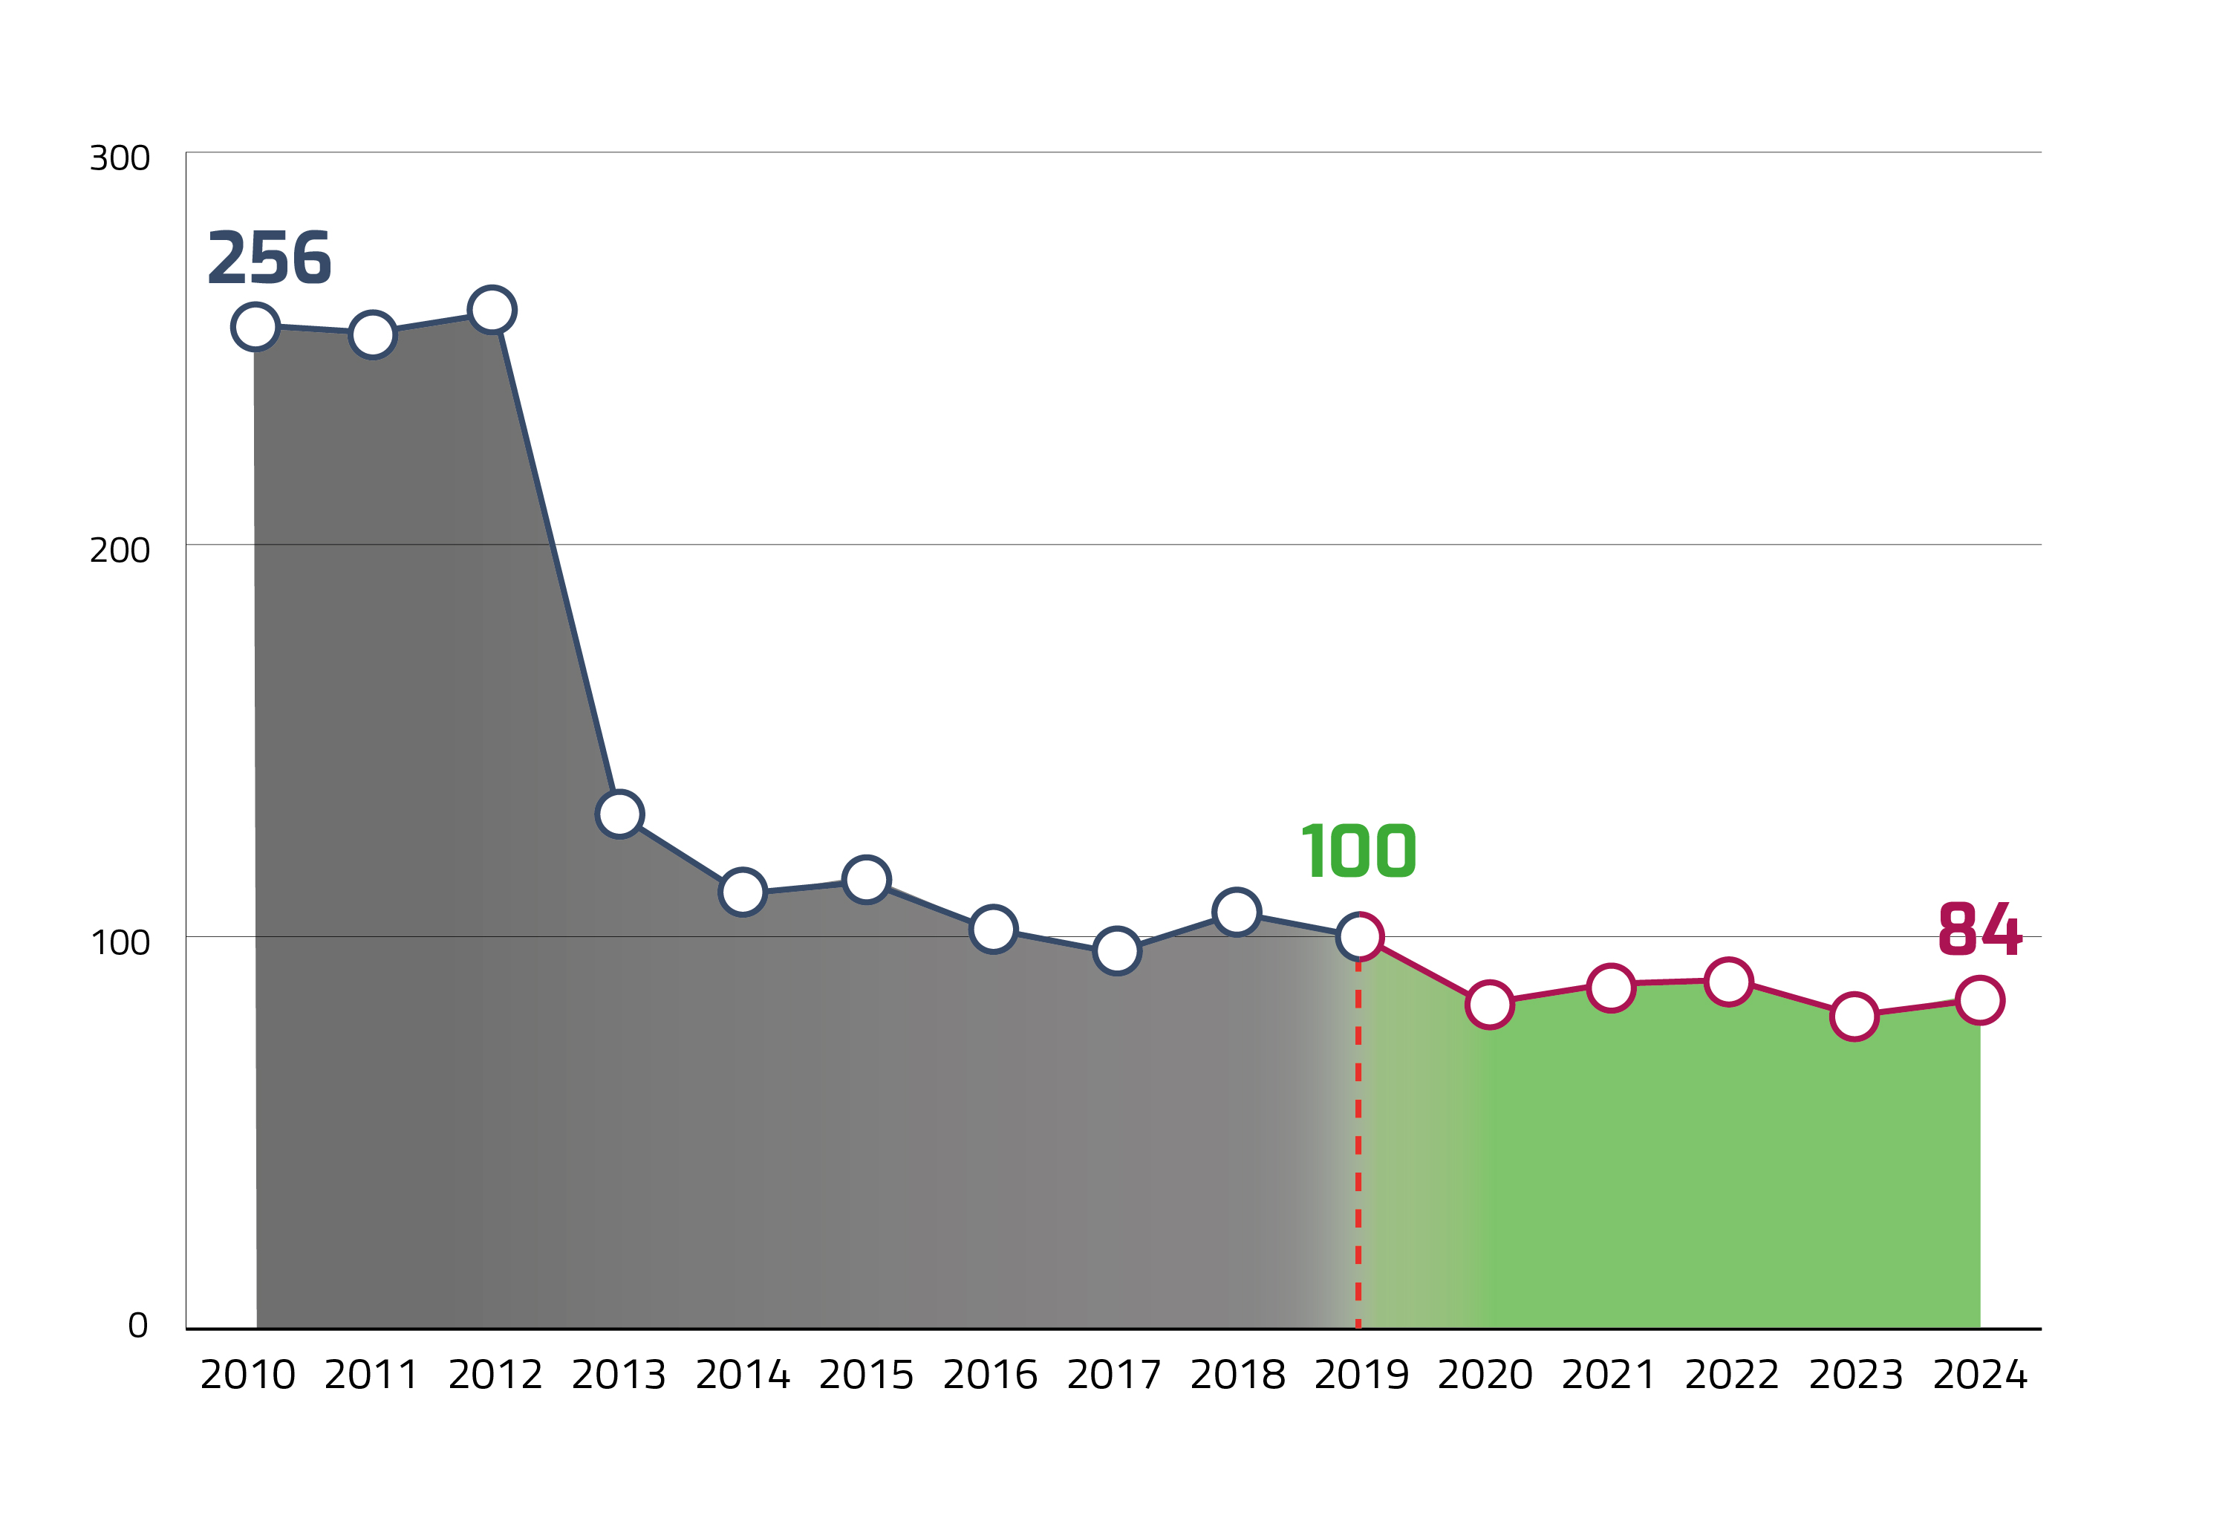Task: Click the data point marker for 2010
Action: click(x=255, y=327)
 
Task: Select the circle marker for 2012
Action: click(x=491, y=310)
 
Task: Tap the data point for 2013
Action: click(x=619, y=814)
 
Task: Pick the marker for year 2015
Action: click(x=866, y=879)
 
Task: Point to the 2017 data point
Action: click(x=1116, y=951)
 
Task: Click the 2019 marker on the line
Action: click(x=1359, y=936)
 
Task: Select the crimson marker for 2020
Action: click(x=1489, y=1005)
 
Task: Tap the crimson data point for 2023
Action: click(x=1854, y=1017)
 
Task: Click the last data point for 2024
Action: click(x=1980, y=1000)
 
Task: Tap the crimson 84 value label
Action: click(x=1979, y=929)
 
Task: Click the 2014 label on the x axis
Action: click(x=742, y=1375)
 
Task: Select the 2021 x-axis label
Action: click(x=1608, y=1375)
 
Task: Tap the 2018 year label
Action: click(x=1237, y=1375)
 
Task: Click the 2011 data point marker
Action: click(x=372, y=334)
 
